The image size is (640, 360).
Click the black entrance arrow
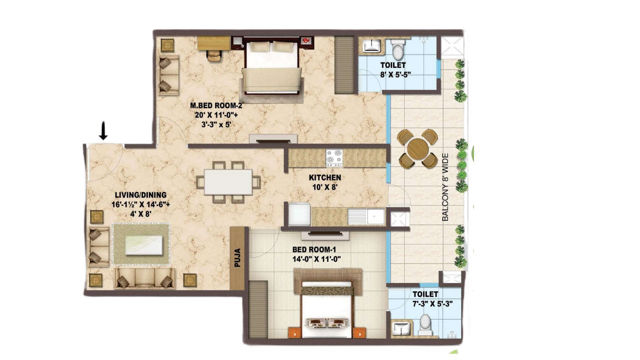tap(103, 131)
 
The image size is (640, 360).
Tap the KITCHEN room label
tap(325, 177)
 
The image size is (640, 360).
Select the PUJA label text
tap(237, 258)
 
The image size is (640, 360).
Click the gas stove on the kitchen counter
tap(334, 158)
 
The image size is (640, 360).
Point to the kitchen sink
tap(366, 217)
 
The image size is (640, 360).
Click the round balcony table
tap(417, 149)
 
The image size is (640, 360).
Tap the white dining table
tap(228, 182)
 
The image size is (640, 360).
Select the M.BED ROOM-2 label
tap(216, 105)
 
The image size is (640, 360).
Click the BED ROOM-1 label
tap(314, 249)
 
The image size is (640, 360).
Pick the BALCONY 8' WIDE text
tap(445, 187)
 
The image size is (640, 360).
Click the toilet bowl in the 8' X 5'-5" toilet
tap(397, 49)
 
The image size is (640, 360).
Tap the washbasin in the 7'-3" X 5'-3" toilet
tap(401, 328)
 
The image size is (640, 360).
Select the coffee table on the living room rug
tap(144, 245)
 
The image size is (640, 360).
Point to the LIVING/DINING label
tap(140, 195)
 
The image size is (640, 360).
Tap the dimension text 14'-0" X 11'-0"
tap(316, 259)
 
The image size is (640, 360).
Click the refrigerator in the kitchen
tap(299, 214)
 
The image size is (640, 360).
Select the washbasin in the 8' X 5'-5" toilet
tap(371, 46)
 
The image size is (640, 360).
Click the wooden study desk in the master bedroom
tap(214, 43)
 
